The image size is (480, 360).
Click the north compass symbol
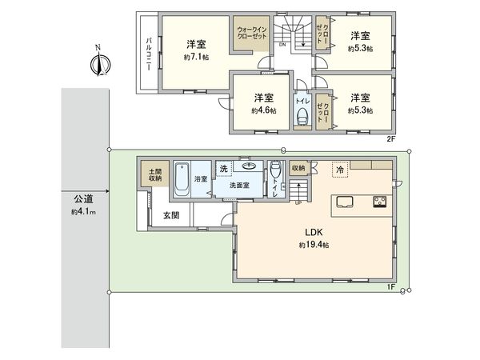[97, 63]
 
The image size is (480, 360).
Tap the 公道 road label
[84, 199]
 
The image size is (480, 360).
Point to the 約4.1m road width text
[83, 212]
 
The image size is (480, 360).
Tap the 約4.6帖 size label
[263, 110]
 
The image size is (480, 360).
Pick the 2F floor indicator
[391, 139]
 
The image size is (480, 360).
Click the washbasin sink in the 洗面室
[251, 167]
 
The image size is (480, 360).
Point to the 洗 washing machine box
[225, 168]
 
